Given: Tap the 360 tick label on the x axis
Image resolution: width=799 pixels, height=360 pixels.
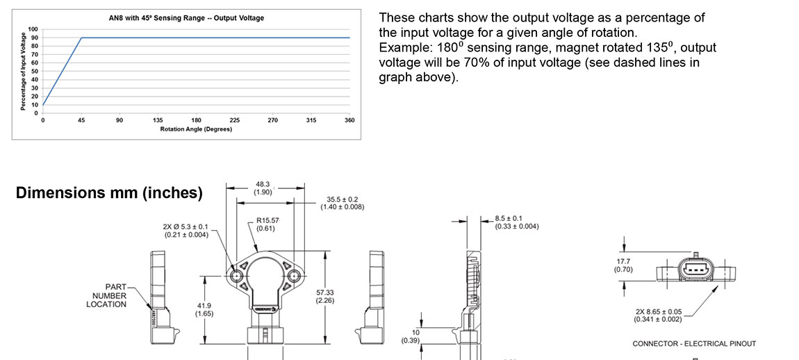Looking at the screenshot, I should point(349,120).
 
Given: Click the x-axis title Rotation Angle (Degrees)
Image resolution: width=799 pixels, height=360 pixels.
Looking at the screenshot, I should point(197,129).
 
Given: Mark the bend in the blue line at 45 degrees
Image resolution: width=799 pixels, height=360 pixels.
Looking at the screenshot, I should point(82,38).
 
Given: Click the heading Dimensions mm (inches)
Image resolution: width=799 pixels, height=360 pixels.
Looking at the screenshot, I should point(109,193).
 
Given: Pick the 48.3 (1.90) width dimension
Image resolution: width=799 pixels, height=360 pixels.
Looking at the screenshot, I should point(264,188).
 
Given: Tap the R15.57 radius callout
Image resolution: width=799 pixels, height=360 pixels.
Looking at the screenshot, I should point(267,224).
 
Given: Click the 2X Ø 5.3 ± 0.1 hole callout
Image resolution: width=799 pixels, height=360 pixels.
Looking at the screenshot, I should point(187,230).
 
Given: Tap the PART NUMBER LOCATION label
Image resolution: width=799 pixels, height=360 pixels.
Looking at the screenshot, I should point(106,295).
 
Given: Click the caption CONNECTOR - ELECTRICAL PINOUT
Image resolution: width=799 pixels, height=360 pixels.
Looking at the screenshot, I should point(694,343).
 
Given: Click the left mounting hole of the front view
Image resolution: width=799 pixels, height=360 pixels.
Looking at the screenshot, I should point(237,276).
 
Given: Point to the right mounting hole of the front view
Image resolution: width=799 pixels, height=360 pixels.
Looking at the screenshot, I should point(295,276).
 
